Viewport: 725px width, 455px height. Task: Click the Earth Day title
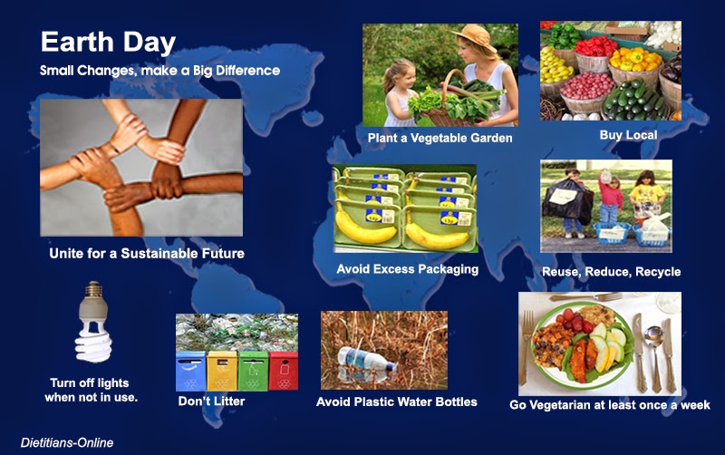[108, 42]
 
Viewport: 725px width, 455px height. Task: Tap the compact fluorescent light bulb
[94, 322]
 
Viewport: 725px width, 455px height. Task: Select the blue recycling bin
[190, 371]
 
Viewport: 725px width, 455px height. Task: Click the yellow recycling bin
[222, 371]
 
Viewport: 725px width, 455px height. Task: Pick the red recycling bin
[284, 371]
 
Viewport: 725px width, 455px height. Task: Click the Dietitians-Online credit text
[67, 442]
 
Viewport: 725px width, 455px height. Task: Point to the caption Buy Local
[628, 135]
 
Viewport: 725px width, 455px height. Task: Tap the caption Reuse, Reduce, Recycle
[611, 272]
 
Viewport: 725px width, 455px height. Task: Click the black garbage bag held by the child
[568, 202]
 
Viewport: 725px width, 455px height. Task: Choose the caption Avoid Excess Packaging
[407, 269]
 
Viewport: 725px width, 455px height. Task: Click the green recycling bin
[253, 371]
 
